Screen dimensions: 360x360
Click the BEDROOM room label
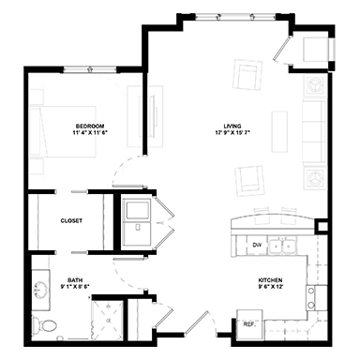[90, 126]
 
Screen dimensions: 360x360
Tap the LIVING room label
[232, 127]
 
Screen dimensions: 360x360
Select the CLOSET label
[71, 221]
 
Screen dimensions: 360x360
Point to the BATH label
[75, 280]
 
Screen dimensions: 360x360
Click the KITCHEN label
[270, 280]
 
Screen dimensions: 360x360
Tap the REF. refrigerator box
[249, 324]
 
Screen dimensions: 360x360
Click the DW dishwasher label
[257, 246]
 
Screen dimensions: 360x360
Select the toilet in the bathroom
[45, 325]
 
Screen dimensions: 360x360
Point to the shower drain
[109, 320]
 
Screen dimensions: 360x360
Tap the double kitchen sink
[283, 247]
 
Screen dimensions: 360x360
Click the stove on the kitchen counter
[316, 298]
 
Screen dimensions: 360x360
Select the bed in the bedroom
[63, 131]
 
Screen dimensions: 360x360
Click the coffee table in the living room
[279, 131]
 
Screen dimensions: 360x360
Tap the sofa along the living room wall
[314, 131]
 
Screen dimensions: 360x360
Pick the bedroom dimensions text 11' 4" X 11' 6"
[90, 132]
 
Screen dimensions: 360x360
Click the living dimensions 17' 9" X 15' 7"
[232, 132]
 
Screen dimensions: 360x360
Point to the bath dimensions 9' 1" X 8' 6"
[75, 286]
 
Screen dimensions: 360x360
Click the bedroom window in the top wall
[90, 69]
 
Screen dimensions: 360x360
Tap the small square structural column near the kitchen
[322, 227]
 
